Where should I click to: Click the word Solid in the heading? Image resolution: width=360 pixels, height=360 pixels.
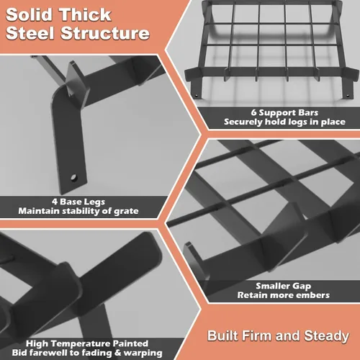point(29,15)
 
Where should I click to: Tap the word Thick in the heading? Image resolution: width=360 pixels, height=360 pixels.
point(86,15)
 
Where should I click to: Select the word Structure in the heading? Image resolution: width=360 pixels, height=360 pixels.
point(105,33)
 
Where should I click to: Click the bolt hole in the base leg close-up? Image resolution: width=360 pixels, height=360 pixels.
point(73,178)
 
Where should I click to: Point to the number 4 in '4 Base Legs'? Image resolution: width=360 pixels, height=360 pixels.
point(55,202)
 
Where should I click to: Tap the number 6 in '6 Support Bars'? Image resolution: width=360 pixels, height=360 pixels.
point(253,112)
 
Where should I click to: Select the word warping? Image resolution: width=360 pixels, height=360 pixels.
point(143,354)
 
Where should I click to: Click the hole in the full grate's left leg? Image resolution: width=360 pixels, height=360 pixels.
point(197,96)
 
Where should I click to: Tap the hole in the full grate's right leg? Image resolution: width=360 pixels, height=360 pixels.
point(348,96)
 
